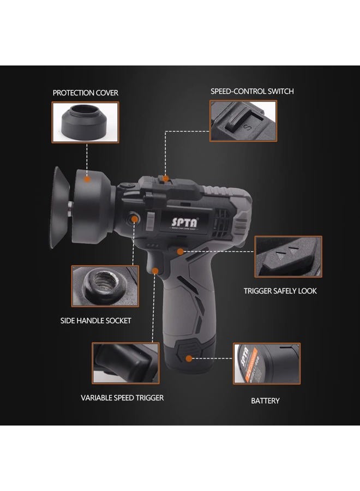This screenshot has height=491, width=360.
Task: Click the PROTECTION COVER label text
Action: pyautogui.click(x=85, y=93)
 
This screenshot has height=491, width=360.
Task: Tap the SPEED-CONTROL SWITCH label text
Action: pyautogui.click(x=252, y=91)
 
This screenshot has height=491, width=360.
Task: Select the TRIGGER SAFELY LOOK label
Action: pyautogui.click(x=280, y=291)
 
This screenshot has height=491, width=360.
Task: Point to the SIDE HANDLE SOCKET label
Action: pyautogui.click(x=95, y=321)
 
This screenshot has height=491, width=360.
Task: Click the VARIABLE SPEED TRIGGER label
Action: pyautogui.click(x=122, y=398)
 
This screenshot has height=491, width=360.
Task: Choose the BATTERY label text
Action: pyautogui.click(x=265, y=400)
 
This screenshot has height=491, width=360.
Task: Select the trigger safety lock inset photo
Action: pyautogui.click(x=288, y=256)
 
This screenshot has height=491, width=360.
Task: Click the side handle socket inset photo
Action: pyautogui.click(x=102, y=286)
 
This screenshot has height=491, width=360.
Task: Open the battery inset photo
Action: pyautogui.click(x=267, y=363)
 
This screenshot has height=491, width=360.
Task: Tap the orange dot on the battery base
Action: pyautogui.click(x=189, y=358)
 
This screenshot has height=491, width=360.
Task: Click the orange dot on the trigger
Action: pyautogui.click(x=156, y=271)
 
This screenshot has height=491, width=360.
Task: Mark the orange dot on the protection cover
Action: pyautogui.click(x=86, y=177)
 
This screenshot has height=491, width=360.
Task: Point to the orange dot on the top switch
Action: pyautogui.click(x=166, y=178)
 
